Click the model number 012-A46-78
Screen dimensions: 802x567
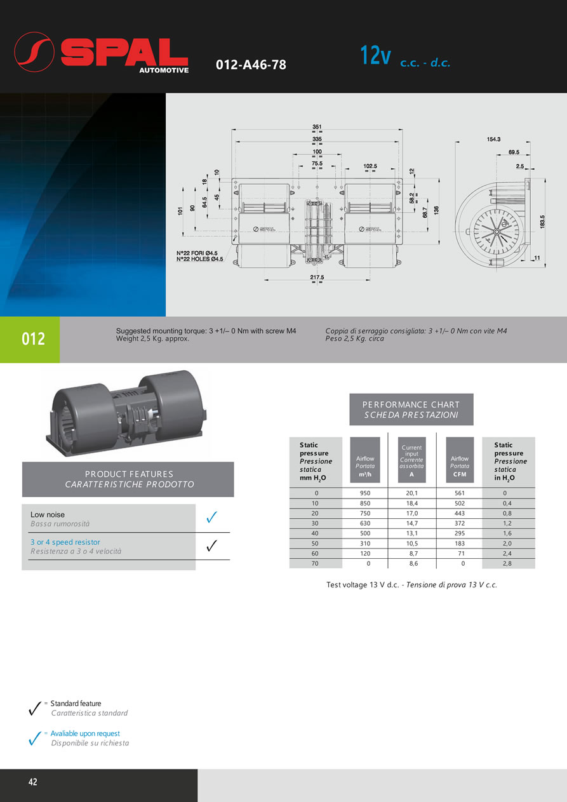(x=251, y=65)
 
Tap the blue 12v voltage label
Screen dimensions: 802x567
(x=375, y=56)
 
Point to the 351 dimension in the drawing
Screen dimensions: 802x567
(x=316, y=126)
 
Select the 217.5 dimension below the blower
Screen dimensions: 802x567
(x=316, y=277)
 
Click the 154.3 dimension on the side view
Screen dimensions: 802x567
(x=493, y=139)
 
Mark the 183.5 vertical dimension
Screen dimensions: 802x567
(x=542, y=222)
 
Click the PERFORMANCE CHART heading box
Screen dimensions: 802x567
(x=411, y=410)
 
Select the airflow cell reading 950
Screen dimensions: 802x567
(x=365, y=493)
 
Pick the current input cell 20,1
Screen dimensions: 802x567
(x=411, y=493)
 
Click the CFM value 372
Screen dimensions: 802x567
(x=459, y=523)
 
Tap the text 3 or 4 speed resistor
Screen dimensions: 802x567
(x=65, y=542)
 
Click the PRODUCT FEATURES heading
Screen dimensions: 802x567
(x=129, y=479)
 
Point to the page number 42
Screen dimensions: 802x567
(x=33, y=782)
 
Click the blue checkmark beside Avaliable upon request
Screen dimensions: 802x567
(x=36, y=739)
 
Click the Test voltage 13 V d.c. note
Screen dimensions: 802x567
(x=411, y=585)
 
